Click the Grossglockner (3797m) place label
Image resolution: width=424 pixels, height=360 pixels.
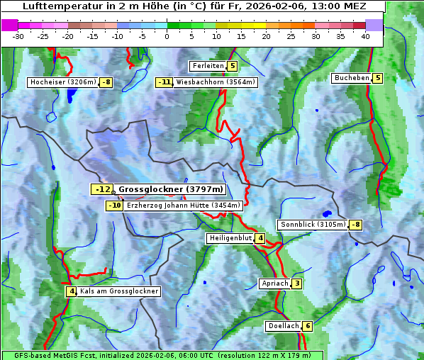[x=171, y=189]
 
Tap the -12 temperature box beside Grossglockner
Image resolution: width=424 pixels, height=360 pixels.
[x=102, y=189]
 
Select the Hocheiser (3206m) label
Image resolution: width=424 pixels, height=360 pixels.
[x=62, y=82]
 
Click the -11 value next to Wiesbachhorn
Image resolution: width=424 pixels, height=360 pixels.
[x=164, y=82]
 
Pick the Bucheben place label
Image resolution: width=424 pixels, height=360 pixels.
[x=352, y=78]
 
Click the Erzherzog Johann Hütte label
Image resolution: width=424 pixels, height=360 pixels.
[x=184, y=206]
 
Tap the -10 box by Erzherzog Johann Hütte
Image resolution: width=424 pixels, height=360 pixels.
[x=114, y=206]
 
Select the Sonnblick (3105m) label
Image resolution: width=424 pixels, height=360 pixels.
[x=313, y=225]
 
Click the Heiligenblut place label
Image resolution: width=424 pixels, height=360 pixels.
[x=230, y=238]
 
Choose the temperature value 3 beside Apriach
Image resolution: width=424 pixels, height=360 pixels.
[x=296, y=283]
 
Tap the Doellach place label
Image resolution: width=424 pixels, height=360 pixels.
[x=283, y=326]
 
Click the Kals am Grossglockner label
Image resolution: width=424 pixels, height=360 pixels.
[x=118, y=291]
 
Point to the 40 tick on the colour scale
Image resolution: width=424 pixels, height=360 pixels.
[x=365, y=35]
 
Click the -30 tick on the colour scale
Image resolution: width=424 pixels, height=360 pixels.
[x=19, y=35]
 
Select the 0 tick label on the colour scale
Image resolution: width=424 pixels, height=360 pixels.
[x=167, y=35]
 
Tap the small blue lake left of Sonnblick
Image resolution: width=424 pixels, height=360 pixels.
[x=327, y=213]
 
